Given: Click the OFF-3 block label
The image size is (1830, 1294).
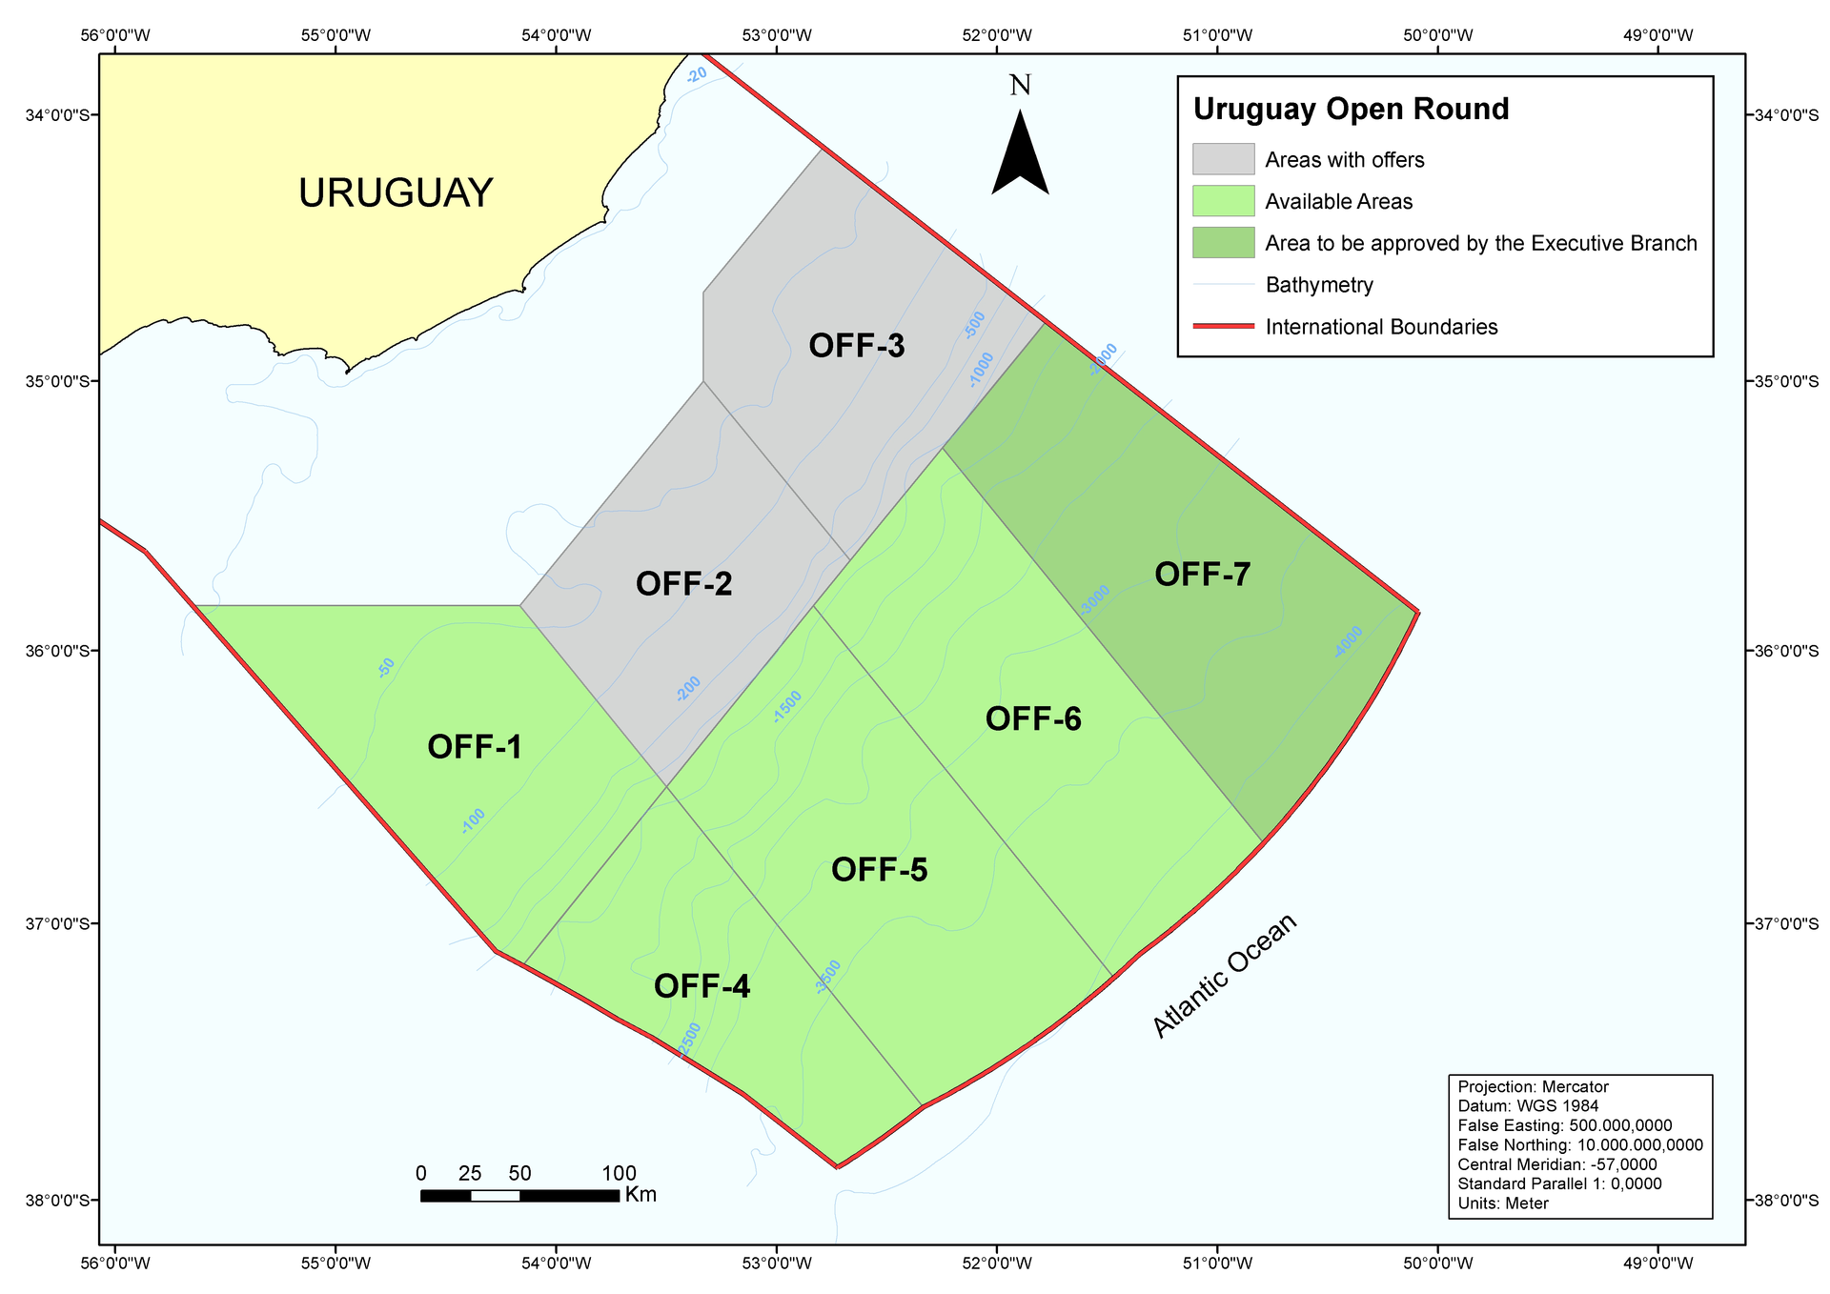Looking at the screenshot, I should (x=857, y=346).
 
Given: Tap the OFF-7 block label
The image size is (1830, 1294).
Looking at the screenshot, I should (x=1202, y=575).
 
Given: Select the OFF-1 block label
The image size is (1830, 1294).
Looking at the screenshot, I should (x=475, y=748).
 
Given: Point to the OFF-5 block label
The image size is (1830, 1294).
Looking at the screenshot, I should (x=879, y=870).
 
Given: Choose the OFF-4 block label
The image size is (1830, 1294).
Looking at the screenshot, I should (x=701, y=987).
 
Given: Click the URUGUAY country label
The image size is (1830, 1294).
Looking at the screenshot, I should (x=396, y=193).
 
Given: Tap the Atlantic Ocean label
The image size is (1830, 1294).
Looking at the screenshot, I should (x=1225, y=975).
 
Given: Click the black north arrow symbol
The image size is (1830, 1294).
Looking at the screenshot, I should (x=1020, y=152).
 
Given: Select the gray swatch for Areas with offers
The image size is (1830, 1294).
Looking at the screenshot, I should (x=1223, y=159).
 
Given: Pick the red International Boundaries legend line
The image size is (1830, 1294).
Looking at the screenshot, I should (x=1223, y=327).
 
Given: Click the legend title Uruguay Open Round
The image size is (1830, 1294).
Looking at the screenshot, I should (x=1351, y=110).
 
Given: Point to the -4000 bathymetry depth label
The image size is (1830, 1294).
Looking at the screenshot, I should (x=1349, y=642).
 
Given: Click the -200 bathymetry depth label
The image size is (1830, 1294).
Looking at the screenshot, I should (x=688, y=689).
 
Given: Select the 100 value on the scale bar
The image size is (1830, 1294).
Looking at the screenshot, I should (x=620, y=1173).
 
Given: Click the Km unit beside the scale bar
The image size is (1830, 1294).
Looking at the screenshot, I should (x=641, y=1195).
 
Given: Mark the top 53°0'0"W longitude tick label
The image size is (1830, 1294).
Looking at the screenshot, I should (x=778, y=36).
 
